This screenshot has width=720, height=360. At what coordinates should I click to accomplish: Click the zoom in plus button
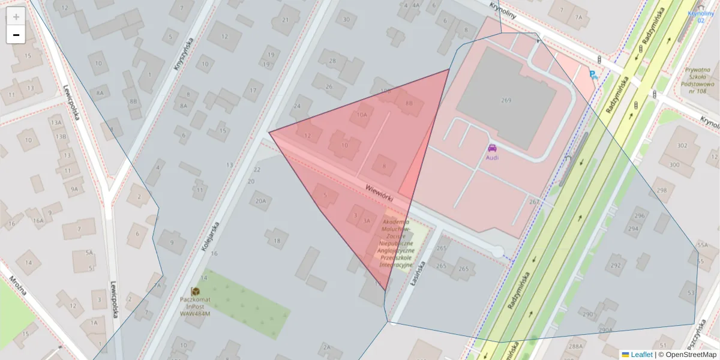tap(16, 16)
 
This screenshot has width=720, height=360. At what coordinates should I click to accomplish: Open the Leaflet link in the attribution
tap(641, 355)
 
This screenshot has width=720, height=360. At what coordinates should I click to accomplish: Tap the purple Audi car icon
tap(492, 148)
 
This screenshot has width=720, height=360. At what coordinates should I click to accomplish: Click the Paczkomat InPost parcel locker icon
tap(195, 291)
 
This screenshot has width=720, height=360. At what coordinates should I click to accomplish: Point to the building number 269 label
tap(506, 100)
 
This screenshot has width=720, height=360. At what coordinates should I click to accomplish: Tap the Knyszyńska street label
tap(184, 55)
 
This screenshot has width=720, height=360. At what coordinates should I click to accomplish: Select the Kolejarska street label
tap(211, 236)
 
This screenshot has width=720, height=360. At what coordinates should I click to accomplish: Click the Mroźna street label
tap(18, 291)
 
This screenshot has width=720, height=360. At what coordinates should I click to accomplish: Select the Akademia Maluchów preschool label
tap(396, 244)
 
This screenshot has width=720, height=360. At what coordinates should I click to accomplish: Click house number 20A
tap(260, 201)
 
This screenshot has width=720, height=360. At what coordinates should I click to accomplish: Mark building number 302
tap(682, 146)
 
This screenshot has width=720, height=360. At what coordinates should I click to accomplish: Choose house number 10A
tap(361, 115)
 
